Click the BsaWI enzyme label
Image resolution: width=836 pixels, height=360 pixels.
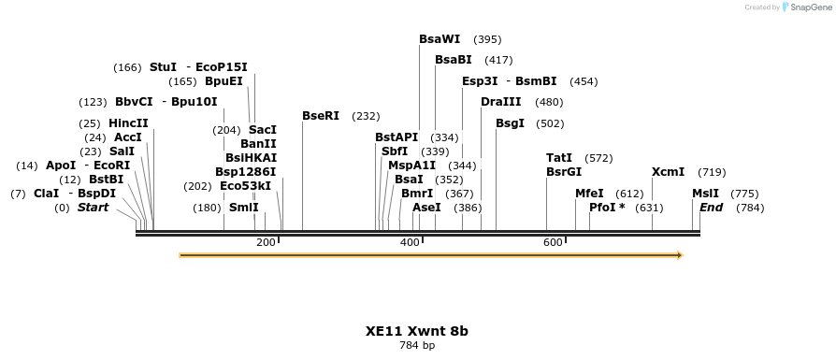pos(440,39)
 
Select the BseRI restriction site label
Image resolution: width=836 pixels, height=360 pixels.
pos(321,116)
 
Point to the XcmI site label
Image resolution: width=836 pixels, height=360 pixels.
pos(668,172)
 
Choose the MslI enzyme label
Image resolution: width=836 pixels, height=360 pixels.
pos(705,194)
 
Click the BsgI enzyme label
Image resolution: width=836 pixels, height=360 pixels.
pos(510,123)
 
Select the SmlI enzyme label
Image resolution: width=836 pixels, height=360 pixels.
pos(244,208)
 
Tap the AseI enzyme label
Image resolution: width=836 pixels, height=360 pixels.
pos(426,208)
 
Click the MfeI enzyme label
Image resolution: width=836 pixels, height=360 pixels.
pos(589,194)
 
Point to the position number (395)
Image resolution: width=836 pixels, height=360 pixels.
pos(487,39)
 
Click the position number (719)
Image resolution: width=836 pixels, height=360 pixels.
pos(712,172)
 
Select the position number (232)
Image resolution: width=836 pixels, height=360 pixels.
pos(366,116)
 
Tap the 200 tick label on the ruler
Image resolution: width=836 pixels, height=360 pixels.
pos(266,242)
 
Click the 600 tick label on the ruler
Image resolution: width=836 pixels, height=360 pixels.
pos(553,242)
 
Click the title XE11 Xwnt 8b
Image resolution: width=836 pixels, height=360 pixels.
pos(417,331)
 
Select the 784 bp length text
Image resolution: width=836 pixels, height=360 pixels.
pos(417,346)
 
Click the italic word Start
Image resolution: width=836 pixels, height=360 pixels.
pos(93,208)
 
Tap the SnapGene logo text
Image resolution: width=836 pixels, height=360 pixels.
pos(807,7)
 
